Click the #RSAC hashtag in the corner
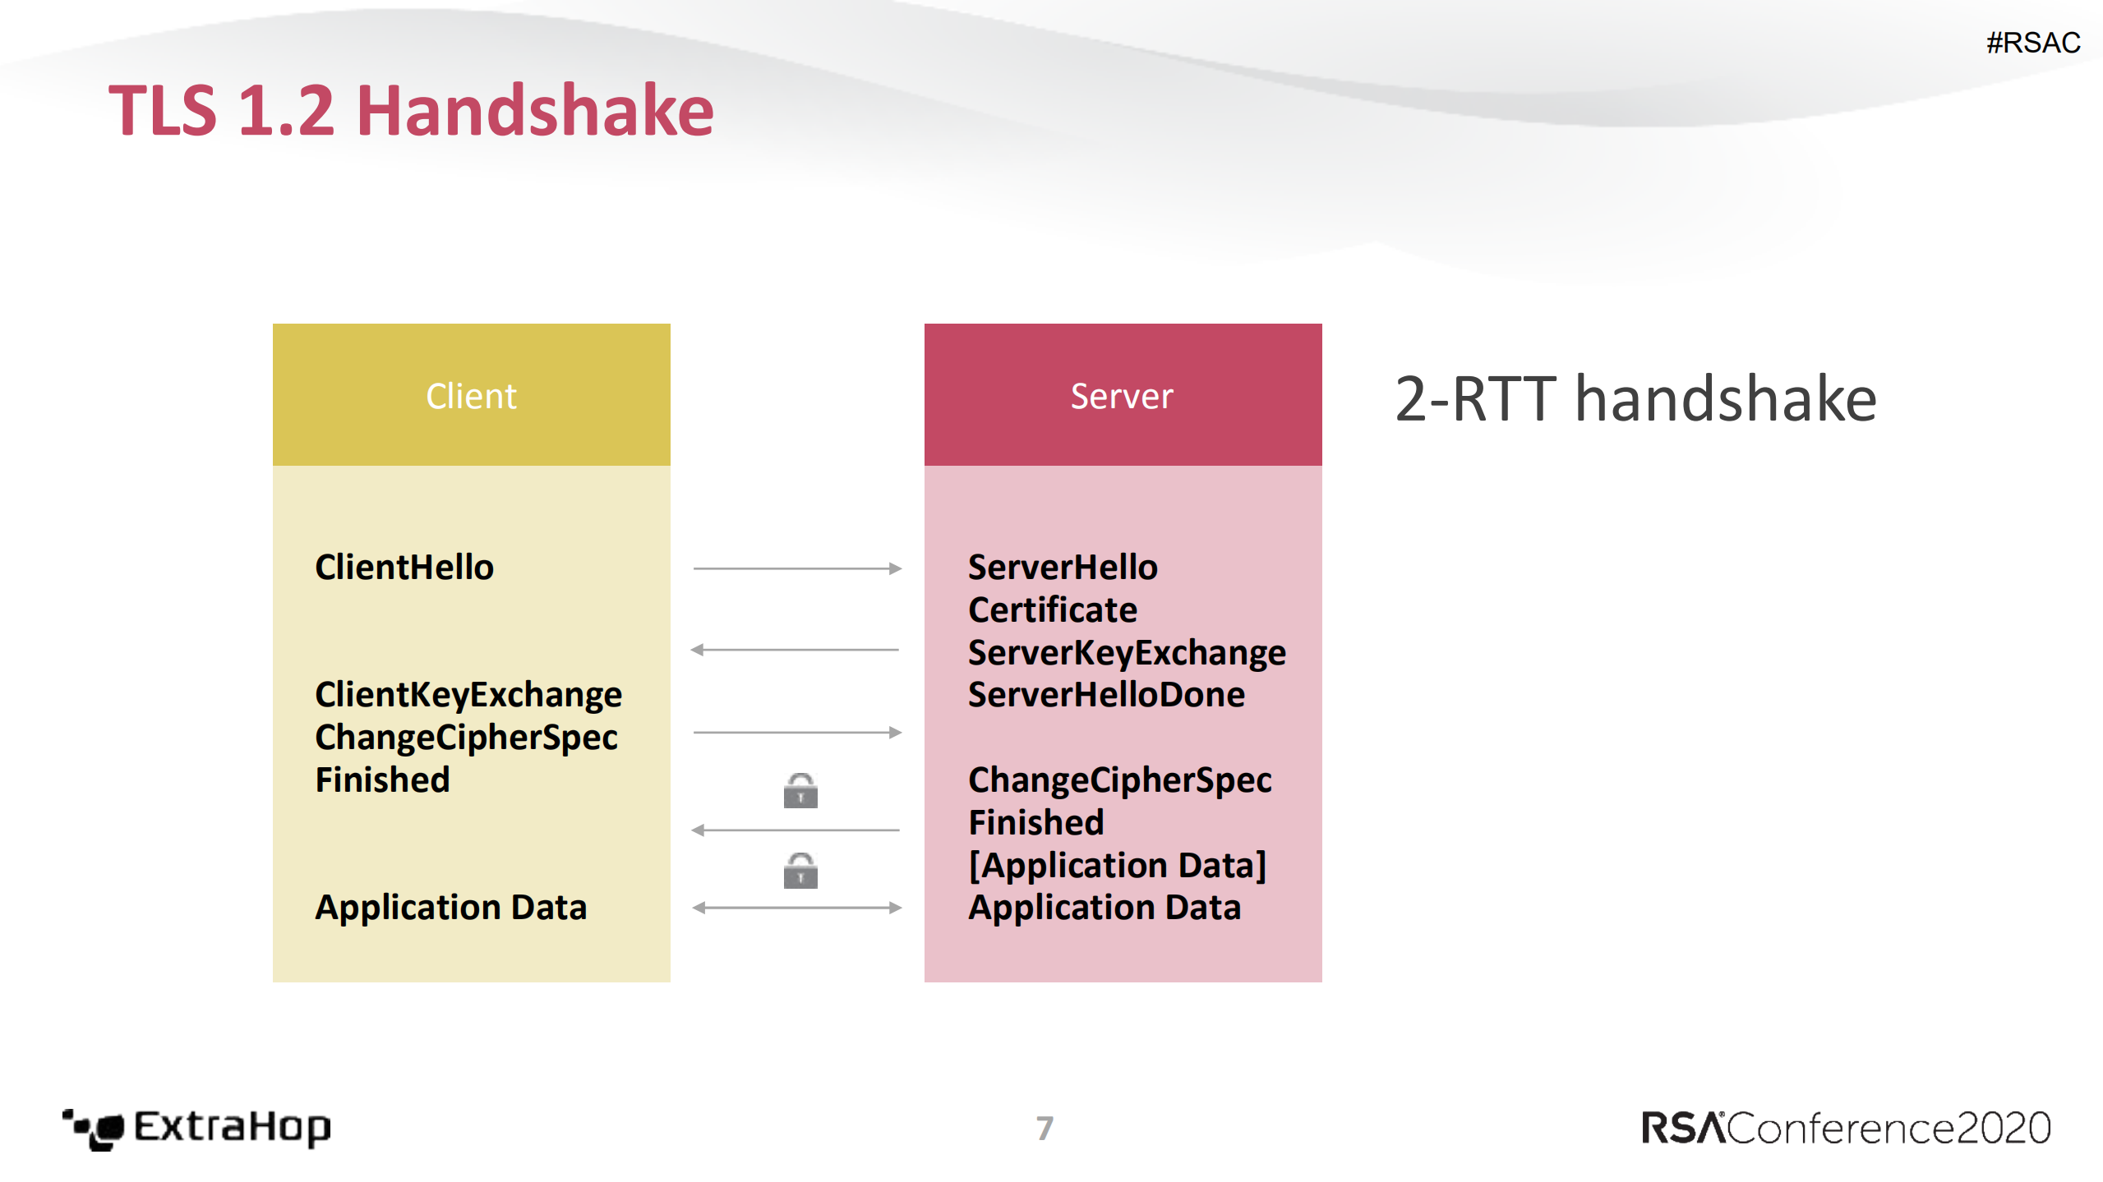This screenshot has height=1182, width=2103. [2032, 43]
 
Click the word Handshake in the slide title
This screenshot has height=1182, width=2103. [535, 111]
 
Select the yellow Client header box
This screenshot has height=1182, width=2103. [471, 395]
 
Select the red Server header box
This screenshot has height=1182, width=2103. [1122, 395]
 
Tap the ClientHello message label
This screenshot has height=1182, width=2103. [404, 568]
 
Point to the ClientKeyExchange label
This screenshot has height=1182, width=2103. [468, 695]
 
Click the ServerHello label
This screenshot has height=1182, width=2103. [1063, 568]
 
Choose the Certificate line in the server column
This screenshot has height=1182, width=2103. [1053, 610]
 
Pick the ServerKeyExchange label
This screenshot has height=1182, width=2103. [1127, 653]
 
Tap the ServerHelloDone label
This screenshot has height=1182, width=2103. [1106, 695]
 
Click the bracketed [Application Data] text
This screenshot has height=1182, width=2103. [1117, 865]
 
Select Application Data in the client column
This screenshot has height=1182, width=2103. [450, 907]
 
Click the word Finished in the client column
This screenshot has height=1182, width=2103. [383, 780]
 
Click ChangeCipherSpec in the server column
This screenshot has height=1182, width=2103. [1119, 780]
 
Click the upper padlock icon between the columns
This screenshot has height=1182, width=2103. [800, 791]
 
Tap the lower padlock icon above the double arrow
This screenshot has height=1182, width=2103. [800, 871]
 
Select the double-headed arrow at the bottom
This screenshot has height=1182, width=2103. [797, 908]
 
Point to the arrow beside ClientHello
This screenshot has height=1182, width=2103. [797, 568]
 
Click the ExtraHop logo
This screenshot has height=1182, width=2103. [197, 1128]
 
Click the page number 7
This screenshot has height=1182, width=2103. [1045, 1128]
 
